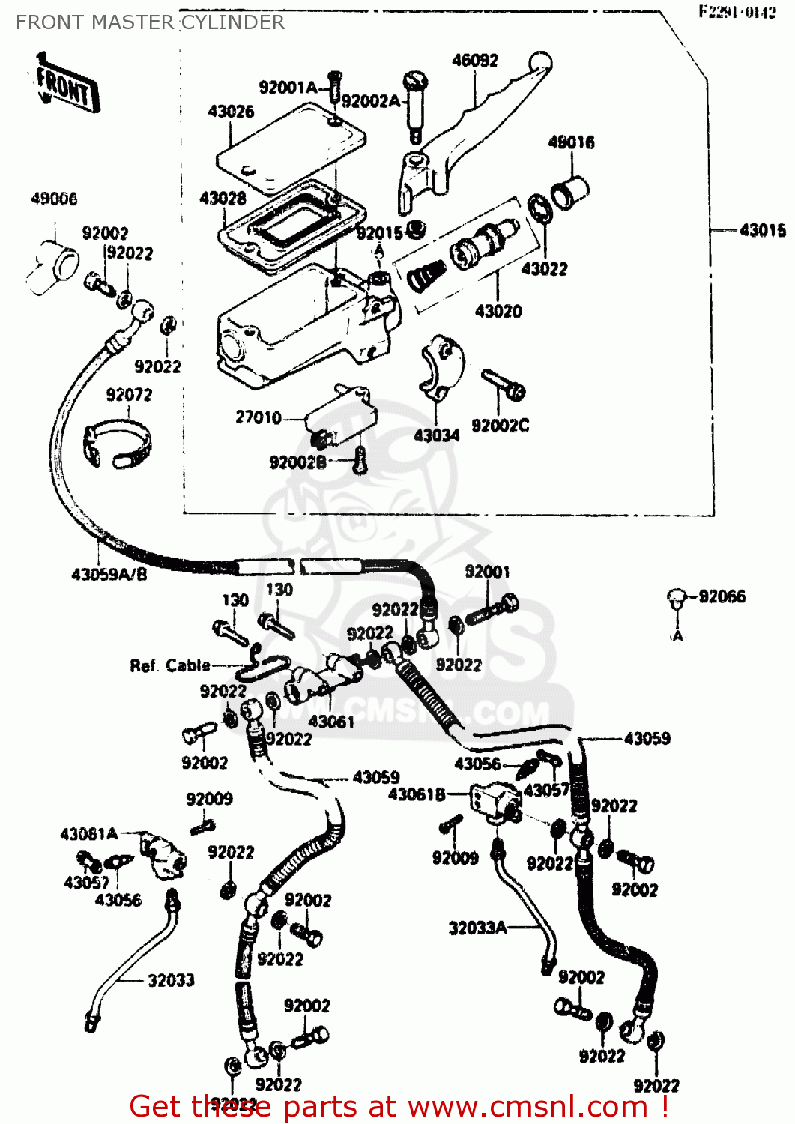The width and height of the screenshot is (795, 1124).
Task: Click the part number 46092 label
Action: coord(474,61)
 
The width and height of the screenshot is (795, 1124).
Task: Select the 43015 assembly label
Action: coord(762,231)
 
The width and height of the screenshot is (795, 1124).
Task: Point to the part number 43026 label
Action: coord(231,112)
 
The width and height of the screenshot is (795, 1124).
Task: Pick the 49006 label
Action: coord(54,199)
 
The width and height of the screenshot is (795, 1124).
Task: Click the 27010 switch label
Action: coord(258,417)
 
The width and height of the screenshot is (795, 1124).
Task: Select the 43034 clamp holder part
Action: coord(441,367)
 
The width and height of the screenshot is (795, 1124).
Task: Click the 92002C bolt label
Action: coord(500,426)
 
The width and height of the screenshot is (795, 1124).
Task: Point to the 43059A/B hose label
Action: coord(109,575)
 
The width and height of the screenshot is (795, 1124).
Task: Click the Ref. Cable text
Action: coord(170,665)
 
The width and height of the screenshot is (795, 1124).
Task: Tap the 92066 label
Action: coord(722,596)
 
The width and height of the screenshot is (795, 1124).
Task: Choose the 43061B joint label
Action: coord(417,794)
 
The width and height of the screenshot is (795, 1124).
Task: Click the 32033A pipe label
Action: coord(477,928)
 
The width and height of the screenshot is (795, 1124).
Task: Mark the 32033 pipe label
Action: coord(171,980)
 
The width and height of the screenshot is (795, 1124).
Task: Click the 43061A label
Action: coord(89,834)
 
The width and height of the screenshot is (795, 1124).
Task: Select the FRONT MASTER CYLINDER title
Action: coord(151,22)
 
